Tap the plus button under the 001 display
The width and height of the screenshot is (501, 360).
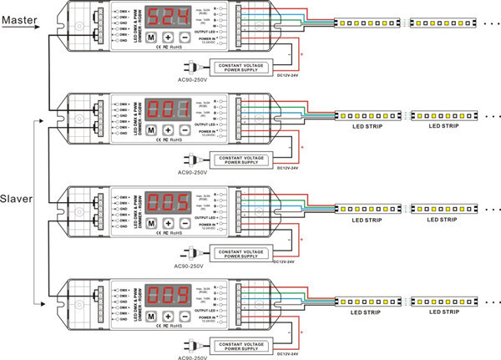pos(168,130)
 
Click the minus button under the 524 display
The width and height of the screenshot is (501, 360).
pos(185,38)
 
